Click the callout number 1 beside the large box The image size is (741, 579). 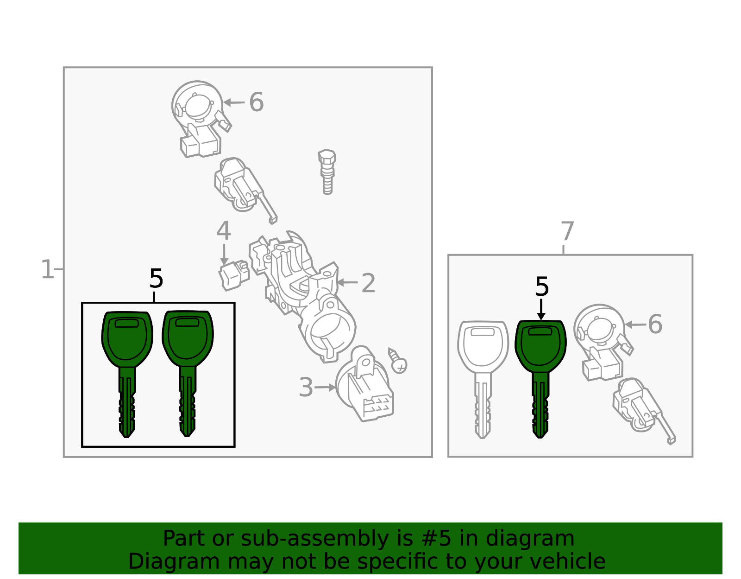click(x=47, y=269)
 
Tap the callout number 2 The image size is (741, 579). click(x=368, y=283)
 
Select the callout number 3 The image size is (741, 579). click(x=306, y=387)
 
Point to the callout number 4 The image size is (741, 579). click(x=224, y=230)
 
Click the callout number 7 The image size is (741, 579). click(x=567, y=231)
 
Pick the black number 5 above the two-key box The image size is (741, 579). click(x=157, y=279)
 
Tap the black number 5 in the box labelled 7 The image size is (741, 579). click(x=542, y=286)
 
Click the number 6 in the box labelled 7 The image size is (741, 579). click(x=655, y=324)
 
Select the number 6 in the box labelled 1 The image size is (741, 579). click(x=257, y=102)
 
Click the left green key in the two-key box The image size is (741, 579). click(x=127, y=374)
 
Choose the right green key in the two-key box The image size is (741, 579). click(x=188, y=373)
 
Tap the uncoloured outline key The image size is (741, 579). click(x=483, y=379)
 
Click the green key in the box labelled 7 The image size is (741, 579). click(x=540, y=379)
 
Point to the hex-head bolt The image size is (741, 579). click(x=327, y=172)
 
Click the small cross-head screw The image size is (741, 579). click(x=398, y=361)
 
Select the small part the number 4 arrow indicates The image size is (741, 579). click(x=234, y=275)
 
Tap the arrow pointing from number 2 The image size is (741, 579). click(x=347, y=282)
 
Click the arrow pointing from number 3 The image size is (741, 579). click(x=325, y=387)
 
